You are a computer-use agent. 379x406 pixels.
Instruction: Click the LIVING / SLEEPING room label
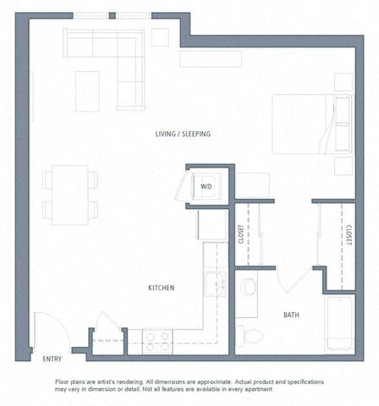click(183, 134)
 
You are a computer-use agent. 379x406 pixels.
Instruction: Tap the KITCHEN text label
click(161, 288)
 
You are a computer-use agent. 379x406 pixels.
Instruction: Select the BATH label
click(291, 315)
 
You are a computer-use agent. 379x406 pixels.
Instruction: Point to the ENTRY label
click(52, 359)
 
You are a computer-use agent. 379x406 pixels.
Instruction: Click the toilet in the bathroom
click(250, 336)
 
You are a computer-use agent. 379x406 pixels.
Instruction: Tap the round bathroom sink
click(249, 287)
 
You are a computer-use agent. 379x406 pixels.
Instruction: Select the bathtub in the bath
click(339, 324)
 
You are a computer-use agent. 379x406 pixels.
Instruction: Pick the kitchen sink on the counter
click(216, 283)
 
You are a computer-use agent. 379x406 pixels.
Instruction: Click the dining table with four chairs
click(70, 195)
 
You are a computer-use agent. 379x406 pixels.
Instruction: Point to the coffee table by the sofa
click(87, 91)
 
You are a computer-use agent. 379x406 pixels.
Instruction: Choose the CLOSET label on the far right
click(349, 234)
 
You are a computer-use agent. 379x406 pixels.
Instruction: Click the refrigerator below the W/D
click(211, 226)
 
